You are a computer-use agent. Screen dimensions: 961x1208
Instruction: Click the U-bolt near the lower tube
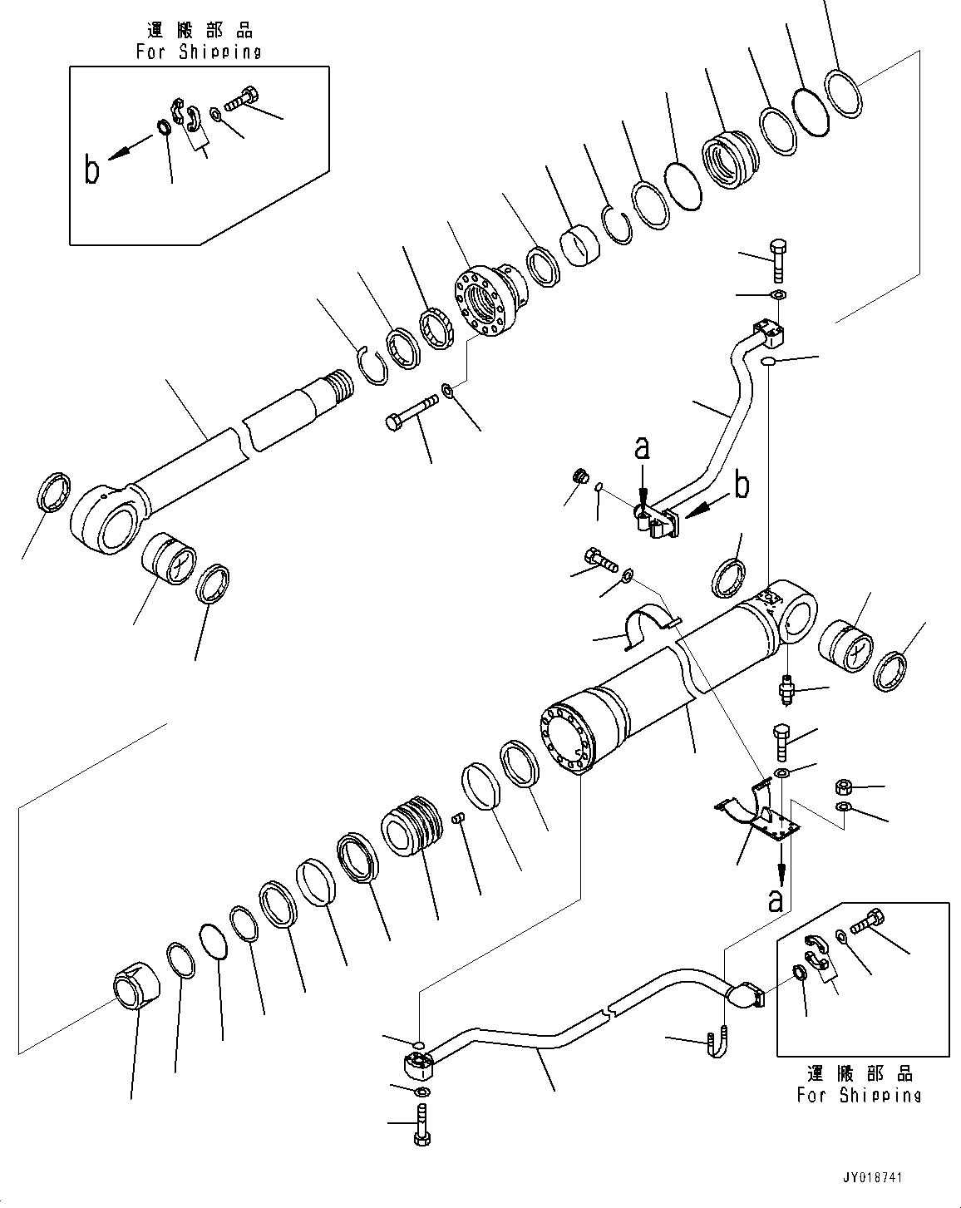pos(717,1041)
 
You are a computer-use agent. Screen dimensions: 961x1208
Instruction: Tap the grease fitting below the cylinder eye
pos(787,690)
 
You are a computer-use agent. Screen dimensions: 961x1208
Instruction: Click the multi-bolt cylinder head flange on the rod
pos(490,300)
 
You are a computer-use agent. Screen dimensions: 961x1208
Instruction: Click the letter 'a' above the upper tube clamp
pos(642,448)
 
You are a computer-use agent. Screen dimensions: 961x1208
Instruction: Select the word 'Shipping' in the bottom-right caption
pos(880,1095)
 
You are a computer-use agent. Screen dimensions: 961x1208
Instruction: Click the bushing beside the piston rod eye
pos(169,558)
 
